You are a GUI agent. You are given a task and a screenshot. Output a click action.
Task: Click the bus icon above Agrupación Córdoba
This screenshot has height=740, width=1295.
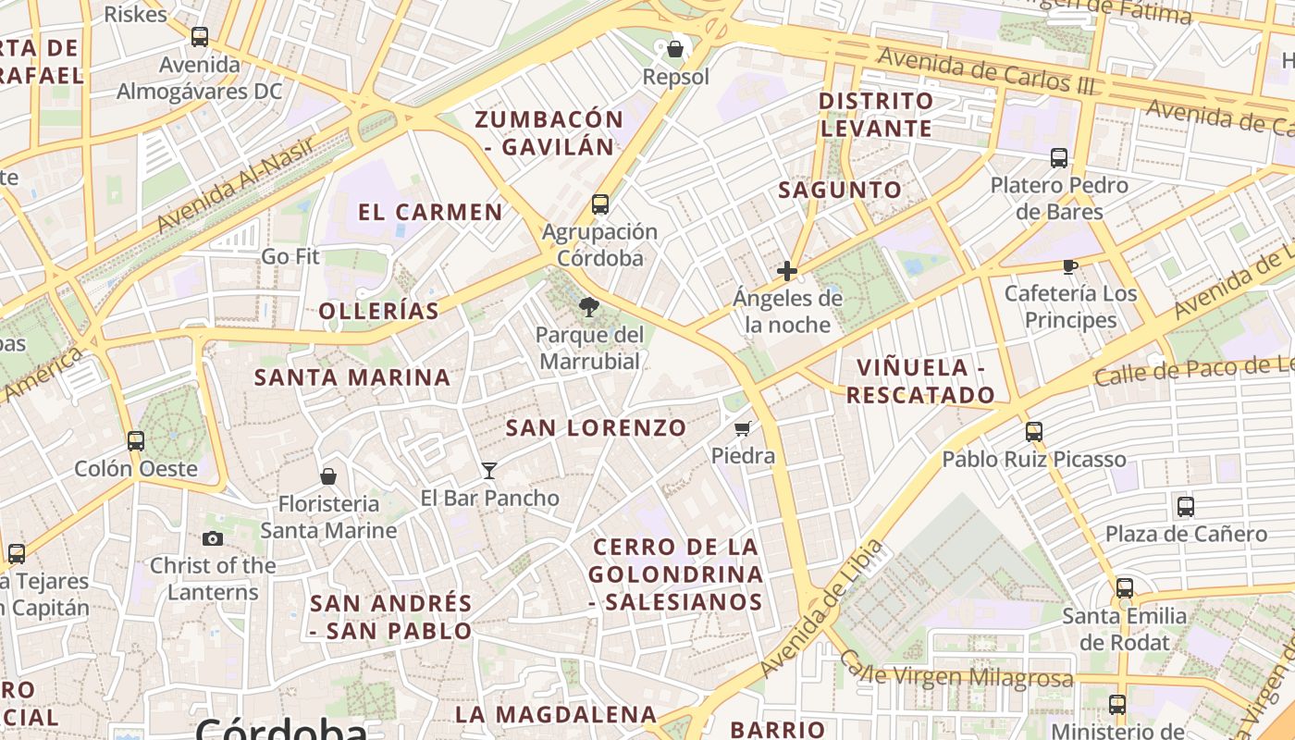click(x=600, y=204)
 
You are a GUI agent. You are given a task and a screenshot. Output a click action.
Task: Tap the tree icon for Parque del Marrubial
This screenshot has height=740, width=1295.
click(x=587, y=307)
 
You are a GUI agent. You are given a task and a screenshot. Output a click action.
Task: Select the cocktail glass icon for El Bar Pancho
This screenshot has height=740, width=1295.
click(x=489, y=471)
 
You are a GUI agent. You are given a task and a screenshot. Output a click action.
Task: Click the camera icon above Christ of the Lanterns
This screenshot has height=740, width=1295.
click(x=213, y=538)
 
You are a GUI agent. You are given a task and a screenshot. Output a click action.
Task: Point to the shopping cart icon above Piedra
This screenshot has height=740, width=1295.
click(x=742, y=428)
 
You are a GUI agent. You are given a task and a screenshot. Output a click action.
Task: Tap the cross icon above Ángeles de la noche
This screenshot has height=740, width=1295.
click(x=787, y=271)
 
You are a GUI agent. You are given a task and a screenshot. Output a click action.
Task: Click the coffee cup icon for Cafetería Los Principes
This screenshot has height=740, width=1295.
click(x=1070, y=267)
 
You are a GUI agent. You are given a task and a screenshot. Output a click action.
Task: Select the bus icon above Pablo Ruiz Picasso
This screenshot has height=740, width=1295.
click(x=1034, y=432)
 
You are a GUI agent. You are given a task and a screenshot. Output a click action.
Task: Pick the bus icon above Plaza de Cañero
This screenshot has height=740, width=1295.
click(x=1186, y=507)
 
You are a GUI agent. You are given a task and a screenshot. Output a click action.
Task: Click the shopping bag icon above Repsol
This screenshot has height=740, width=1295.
click(x=675, y=49)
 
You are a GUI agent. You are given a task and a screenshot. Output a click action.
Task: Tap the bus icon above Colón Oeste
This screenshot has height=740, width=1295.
click(x=136, y=441)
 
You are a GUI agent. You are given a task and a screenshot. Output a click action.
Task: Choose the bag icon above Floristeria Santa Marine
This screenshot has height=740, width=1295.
click(x=328, y=476)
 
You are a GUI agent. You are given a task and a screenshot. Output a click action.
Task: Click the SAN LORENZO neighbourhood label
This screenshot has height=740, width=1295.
click(x=596, y=428)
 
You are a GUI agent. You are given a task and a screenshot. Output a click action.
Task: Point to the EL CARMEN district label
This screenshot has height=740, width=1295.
click(x=430, y=212)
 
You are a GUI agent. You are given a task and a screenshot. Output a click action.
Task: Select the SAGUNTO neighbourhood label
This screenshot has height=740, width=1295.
click(x=839, y=191)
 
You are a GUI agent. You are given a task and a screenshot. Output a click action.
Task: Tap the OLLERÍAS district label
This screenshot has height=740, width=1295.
click(x=379, y=312)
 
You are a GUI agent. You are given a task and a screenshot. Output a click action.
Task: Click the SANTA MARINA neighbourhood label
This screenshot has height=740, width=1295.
click(x=352, y=377)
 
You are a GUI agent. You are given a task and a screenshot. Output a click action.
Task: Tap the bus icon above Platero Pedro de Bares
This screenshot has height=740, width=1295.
click(x=1059, y=158)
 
